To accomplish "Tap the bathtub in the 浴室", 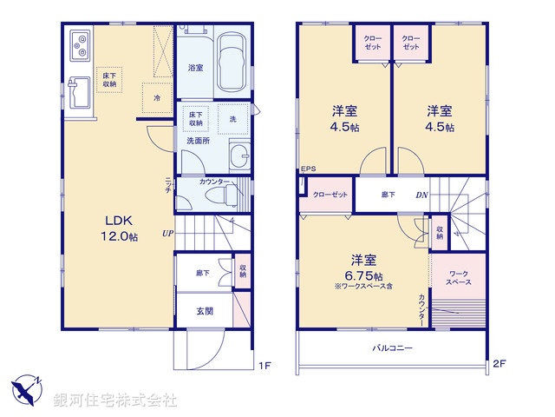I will coord(232,62).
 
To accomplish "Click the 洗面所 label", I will coord(199,140).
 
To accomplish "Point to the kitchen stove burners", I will coord(79,43).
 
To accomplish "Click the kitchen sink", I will coord(79,90).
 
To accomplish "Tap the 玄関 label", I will coord(205,311).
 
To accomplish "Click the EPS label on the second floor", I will coord(309,169).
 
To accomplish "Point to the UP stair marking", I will coord(166,233).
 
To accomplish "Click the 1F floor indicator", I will coord(264,365).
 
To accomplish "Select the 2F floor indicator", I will coord(499,365).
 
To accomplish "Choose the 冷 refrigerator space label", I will coord(156,98).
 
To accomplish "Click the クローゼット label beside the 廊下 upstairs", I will coord(330,195).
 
